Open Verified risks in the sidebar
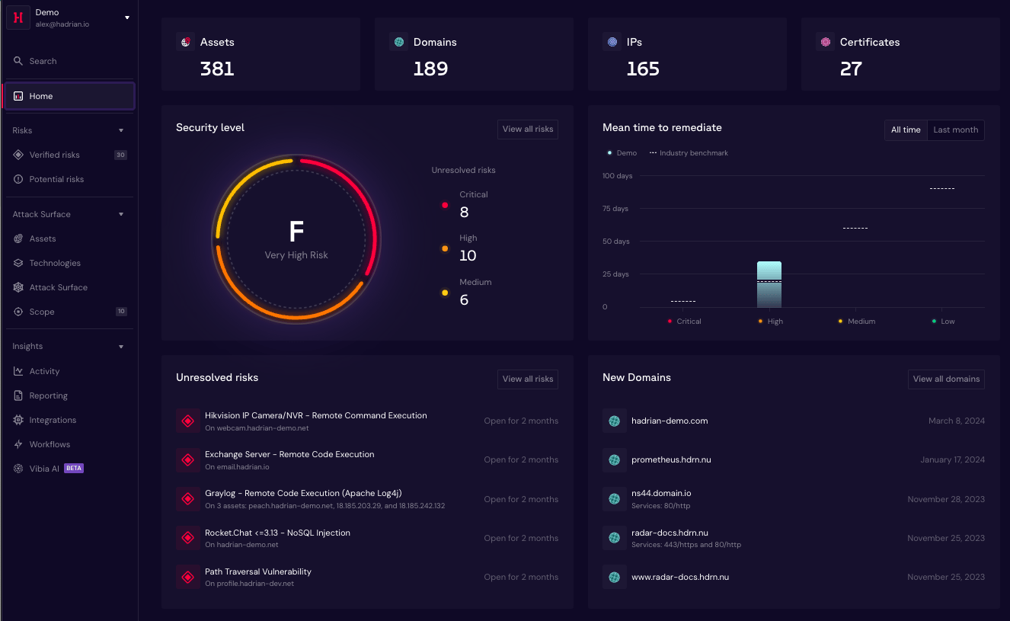54,155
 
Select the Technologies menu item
55,263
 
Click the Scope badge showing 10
121,311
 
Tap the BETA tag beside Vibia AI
73,468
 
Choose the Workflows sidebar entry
50,444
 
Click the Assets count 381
217,69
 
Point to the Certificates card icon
826,42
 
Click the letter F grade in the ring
296,232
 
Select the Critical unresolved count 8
464,212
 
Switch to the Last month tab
955,130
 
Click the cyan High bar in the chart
769,284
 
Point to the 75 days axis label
615,208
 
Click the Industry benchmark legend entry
689,153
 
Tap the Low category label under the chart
948,321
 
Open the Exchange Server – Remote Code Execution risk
289,454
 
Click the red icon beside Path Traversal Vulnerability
188,577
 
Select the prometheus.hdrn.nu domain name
671,459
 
